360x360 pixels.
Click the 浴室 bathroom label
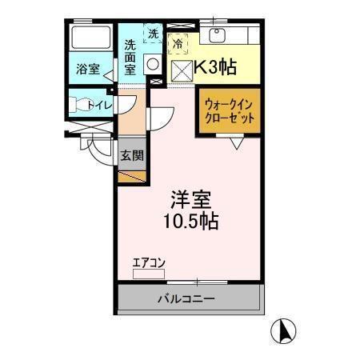(87, 69)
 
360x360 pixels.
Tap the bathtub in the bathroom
(90, 38)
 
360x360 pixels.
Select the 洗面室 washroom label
(130, 57)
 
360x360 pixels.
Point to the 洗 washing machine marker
(153, 34)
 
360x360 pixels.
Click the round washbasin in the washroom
(153, 66)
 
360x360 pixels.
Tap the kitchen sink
(215, 34)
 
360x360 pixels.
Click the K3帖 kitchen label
(214, 67)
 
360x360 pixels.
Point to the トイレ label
(98, 104)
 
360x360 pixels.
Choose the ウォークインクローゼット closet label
(230, 111)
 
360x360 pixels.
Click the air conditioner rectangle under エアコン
(148, 274)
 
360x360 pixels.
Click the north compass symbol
(286, 329)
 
